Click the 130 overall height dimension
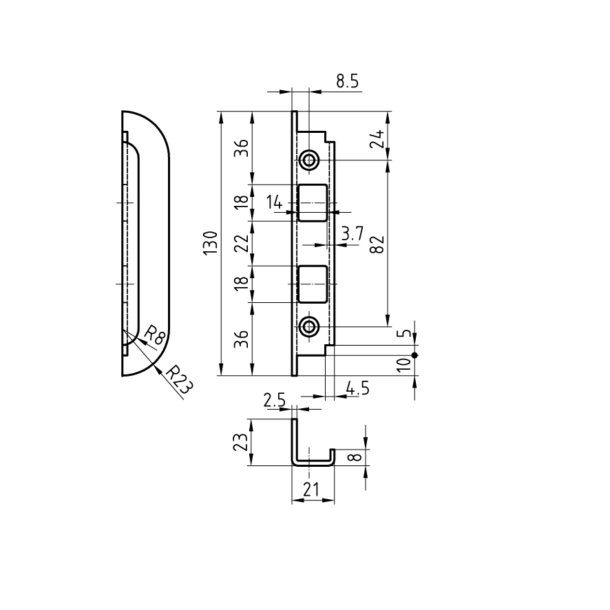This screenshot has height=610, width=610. [210, 243]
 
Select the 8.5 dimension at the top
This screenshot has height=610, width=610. [348, 81]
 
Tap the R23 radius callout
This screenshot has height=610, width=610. [179, 379]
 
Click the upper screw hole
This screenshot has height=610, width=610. [309, 160]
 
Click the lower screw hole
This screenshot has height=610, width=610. [309, 326]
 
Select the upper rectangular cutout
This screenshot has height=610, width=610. [312, 202]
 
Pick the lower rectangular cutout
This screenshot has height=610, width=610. [312, 284]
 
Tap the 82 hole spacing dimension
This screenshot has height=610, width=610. [377, 244]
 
